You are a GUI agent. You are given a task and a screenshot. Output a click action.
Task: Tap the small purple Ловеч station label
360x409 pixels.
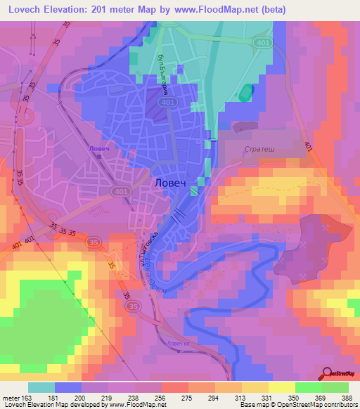pyautogui.click(x=98, y=148)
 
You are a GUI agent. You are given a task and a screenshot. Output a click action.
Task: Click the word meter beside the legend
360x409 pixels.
pyautogui.click(x=13, y=397)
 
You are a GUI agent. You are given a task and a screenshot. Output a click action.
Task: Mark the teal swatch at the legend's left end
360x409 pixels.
pyautogui.click(x=41, y=387)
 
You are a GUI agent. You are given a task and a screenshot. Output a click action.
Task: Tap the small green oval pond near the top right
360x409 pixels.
pyautogui.click(x=245, y=92)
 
